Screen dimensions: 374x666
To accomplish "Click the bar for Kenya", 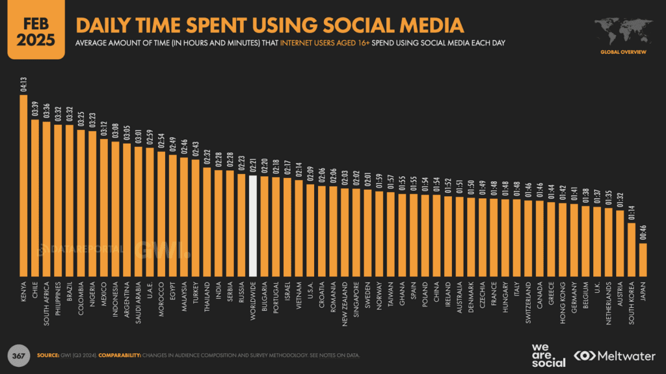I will (x=23, y=185).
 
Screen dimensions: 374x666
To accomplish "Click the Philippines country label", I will (x=58, y=303).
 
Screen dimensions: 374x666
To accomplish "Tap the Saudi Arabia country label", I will (x=139, y=304).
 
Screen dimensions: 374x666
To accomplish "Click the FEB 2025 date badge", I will (x=36, y=29).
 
